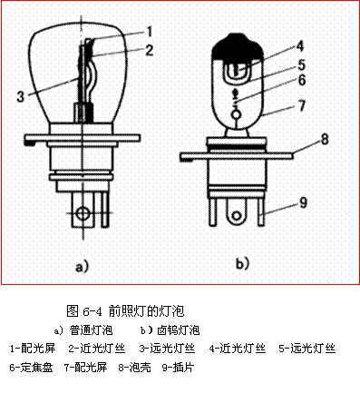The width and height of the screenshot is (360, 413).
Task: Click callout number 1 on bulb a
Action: [149, 31]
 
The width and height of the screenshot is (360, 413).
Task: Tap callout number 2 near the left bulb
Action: [149, 50]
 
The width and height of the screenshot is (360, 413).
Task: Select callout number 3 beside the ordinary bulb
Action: [20, 96]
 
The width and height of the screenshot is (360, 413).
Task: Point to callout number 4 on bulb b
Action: [299, 46]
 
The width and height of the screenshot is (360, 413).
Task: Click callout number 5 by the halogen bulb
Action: [301, 65]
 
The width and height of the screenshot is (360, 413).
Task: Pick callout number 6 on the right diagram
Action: [302, 80]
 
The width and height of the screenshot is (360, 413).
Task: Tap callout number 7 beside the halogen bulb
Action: [302, 106]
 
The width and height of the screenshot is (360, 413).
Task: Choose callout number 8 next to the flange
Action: [325, 139]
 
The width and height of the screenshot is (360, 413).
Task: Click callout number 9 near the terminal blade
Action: [303, 202]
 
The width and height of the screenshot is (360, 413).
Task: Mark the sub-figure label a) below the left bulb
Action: [82, 266]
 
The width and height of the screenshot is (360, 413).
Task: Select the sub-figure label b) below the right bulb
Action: [242, 263]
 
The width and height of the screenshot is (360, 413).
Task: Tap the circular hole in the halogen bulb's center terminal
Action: [237, 215]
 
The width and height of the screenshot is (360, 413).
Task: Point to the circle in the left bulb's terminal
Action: [82, 213]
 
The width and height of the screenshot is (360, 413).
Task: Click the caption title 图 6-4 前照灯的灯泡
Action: [125, 311]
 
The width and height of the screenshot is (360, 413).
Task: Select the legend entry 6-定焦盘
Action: [32, 368]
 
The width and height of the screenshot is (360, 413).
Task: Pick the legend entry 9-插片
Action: [178, 368]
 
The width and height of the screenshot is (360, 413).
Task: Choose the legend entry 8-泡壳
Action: [135, 368]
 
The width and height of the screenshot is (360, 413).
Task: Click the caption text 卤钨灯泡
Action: [179, 330]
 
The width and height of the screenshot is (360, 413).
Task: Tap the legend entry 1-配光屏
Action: [33, 349]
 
